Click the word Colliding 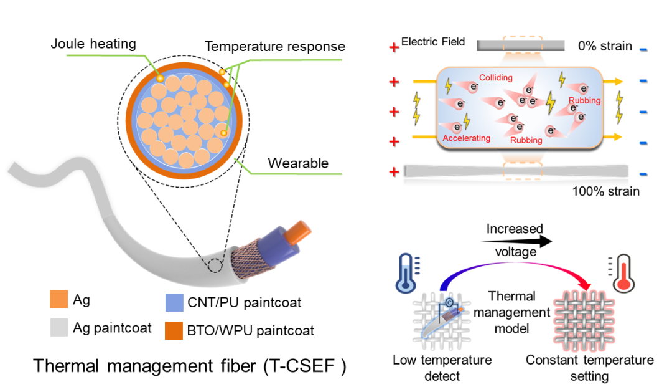point(496,78)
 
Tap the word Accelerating point(467,138)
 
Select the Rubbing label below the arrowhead point(585,100)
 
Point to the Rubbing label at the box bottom point(526,140)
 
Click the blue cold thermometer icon point(405,273)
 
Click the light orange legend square point(59,299)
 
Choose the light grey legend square point(59,327)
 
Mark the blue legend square point(174,303)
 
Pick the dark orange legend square point(174,331)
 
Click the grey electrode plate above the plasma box point(521,45)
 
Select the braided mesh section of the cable point(246,258)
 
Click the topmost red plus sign point(393,47)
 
